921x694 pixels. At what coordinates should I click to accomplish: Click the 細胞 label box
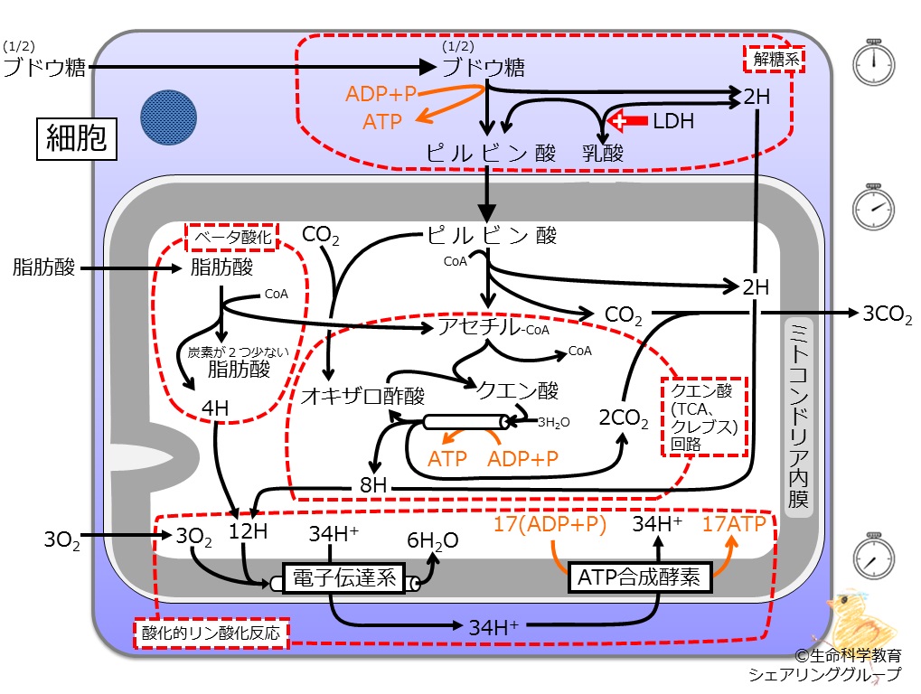(76, 138)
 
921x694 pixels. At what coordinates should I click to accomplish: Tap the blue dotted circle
(169, 117)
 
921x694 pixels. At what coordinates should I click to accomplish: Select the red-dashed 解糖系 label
(775, 59)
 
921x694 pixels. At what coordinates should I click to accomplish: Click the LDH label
(673, 121)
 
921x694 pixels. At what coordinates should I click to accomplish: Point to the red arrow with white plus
(626, 120)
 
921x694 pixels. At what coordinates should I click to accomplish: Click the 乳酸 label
(603, 154)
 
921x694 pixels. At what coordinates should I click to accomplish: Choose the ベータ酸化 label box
(232, 237)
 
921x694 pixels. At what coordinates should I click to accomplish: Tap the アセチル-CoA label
(493, 326)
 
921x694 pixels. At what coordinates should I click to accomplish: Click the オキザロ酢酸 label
(362, 396)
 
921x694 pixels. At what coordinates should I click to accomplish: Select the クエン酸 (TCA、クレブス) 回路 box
(705, 417)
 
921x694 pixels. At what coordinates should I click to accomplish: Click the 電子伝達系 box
(344, 578)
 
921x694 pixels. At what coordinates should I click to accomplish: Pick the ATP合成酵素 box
(640, 577)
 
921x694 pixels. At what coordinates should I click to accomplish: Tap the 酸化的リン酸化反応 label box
(211, 633)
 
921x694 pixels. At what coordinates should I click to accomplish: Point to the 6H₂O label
(433, 540)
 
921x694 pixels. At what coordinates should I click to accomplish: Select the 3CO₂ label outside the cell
(887, 314)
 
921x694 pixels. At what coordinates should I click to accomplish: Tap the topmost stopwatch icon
(873, 63)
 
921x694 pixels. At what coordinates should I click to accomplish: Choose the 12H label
(248, 530)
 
